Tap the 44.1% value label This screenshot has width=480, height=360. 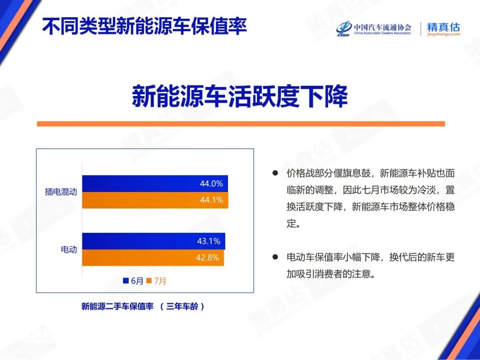[x=211, y=200]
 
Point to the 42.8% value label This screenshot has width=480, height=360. [x=208, y=258]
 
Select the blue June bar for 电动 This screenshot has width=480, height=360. [x=142, y=241]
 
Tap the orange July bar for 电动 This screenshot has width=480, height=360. [x=142, y=258]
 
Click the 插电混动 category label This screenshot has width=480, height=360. [x=61, y=192]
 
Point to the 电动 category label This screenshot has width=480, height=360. [x=69, y=249]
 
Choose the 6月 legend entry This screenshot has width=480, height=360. [x=133, y=281]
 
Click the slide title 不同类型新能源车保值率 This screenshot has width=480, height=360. [x=144, y=26]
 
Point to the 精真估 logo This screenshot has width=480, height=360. [x=443, y=29]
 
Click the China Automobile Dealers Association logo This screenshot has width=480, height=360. [x=373, y=29]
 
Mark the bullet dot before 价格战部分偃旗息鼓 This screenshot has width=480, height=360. [x=275, y=173]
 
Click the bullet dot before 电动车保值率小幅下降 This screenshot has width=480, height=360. [x=275, y=257]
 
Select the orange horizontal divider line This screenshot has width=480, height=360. [x=240, y=124]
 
